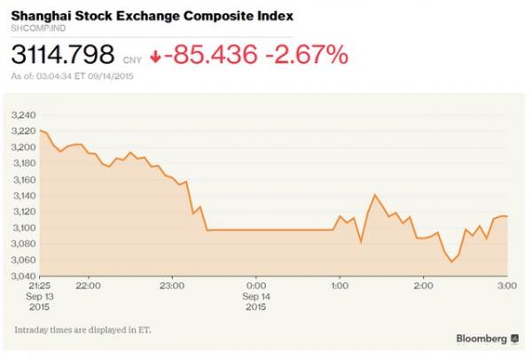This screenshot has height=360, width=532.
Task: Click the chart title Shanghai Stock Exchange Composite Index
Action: coord(153,17)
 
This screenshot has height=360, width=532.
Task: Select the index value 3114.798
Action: coord(62,56)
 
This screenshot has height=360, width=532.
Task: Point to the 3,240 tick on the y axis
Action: coord(24,115)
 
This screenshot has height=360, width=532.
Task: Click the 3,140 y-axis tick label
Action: coord(24,195)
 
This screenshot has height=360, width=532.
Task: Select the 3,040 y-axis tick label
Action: coord(24,275)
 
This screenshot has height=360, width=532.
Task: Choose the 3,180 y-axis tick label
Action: coord(24,163)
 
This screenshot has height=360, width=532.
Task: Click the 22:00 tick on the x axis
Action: coord(87,286)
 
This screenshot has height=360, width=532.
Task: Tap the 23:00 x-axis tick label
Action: coord(172,286)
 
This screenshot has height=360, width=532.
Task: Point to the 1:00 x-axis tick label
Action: coord(340,286)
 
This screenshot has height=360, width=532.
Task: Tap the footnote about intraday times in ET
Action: coord(82,330)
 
